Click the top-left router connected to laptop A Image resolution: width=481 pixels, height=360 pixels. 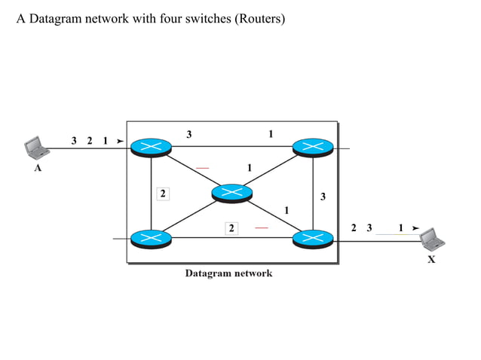tap(151, 147)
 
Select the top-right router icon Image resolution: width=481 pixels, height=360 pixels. tap(312, 147)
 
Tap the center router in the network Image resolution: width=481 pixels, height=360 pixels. tap(231, 193)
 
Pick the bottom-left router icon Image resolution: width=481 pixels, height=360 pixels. tap(151, 238)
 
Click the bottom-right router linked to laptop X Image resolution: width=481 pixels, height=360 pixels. tap(312, 238)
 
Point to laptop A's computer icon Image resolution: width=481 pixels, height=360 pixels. tap(35, 146)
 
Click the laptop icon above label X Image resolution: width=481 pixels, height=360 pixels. tap(432, 239)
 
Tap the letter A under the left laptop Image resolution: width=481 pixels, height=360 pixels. tap(38, 169)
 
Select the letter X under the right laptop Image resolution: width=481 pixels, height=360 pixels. tap(431, 260)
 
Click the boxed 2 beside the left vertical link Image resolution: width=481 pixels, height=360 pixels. tap(162, 194)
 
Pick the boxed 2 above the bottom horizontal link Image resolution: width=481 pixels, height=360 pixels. tap(232, 227)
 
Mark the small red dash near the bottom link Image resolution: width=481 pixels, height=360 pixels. tap(261, 227)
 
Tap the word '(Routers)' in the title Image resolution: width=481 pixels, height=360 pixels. tap(260, 19)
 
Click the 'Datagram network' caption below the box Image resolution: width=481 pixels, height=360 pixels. tap(228, 273)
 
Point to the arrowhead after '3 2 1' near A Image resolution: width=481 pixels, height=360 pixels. tap(119, 141)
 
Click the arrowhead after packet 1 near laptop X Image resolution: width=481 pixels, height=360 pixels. tap(415, 227)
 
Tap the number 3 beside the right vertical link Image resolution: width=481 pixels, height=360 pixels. tap(323, 197)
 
